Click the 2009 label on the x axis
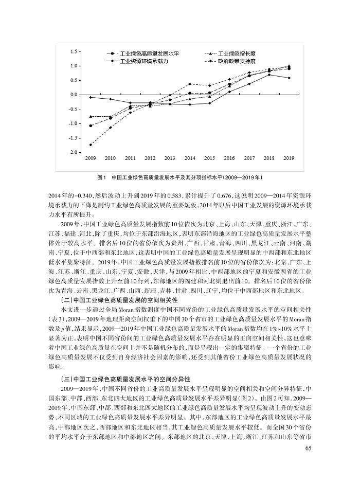(91, 158)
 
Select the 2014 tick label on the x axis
(190, 158)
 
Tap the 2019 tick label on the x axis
(289, 158)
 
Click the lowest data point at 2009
(91, 145)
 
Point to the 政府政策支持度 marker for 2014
(190, 84)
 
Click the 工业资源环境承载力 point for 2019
(289, 78)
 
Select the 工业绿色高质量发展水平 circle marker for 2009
(91, 125)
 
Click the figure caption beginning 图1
(180, 177)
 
